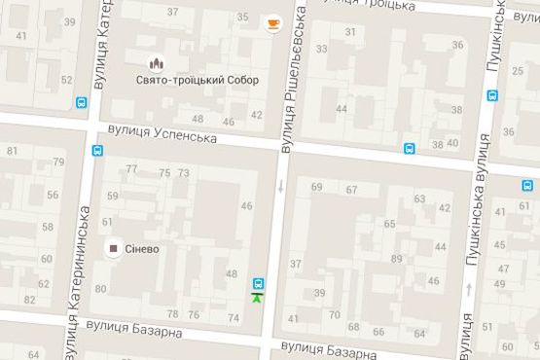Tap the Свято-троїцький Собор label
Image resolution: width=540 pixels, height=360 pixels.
[198, 80]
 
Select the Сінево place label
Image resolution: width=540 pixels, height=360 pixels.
[141, 249]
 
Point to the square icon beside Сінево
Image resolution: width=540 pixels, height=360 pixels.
[114, 249]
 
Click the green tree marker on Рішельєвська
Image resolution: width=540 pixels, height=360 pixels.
[257, 297]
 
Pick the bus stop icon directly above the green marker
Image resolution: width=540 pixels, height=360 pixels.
[257, 282]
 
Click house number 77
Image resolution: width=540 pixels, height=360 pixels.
[131, 169]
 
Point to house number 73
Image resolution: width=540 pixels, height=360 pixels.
[183, 173]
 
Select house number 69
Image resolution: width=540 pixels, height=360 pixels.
[316, 187]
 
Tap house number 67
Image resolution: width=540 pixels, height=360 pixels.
[350, 190]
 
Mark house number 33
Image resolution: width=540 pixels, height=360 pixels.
[321, 48]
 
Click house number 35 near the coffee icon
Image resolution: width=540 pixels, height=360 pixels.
[242, 17]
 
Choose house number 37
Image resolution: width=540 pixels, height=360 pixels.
[173, 12]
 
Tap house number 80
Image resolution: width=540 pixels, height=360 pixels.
[101, 289]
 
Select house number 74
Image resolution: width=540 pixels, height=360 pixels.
[234, 318]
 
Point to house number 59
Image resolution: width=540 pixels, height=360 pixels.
[113, 196]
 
